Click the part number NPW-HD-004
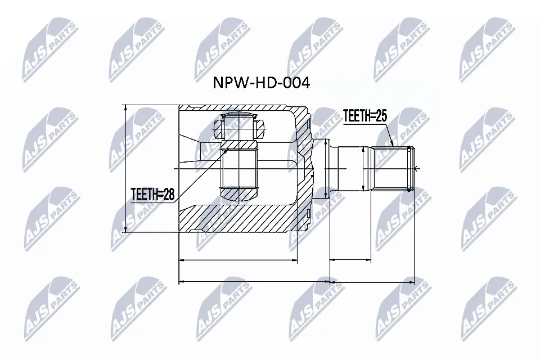261,83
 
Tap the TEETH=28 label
153,195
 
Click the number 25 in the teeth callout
380,116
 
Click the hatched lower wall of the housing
242,219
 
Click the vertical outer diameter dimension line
125,169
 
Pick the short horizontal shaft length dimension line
350,260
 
